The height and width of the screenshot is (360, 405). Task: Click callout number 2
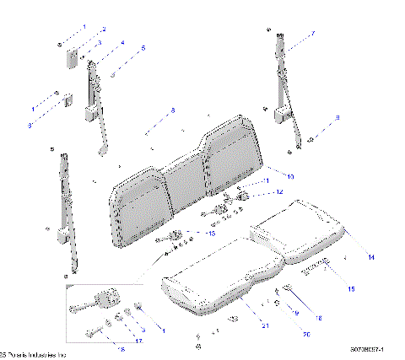pyautogui.click(x=104, y=30)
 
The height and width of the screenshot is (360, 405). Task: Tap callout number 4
pyautogui.click(x=122, y=42)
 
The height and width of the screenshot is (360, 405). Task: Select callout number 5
pyautogui.click(x=143, y=48)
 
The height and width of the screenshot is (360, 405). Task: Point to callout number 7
pyautogui.click(x=311, y=34)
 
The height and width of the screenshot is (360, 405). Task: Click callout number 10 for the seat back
pyautogui.click(x=290, y=177)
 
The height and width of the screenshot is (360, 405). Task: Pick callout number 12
pyautogui.click(x=280, y=192)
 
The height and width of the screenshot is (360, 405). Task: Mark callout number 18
pyautogui.click(x=319, y=317)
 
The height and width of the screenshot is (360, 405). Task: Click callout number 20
pyautogui.click(x=282, y=335)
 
